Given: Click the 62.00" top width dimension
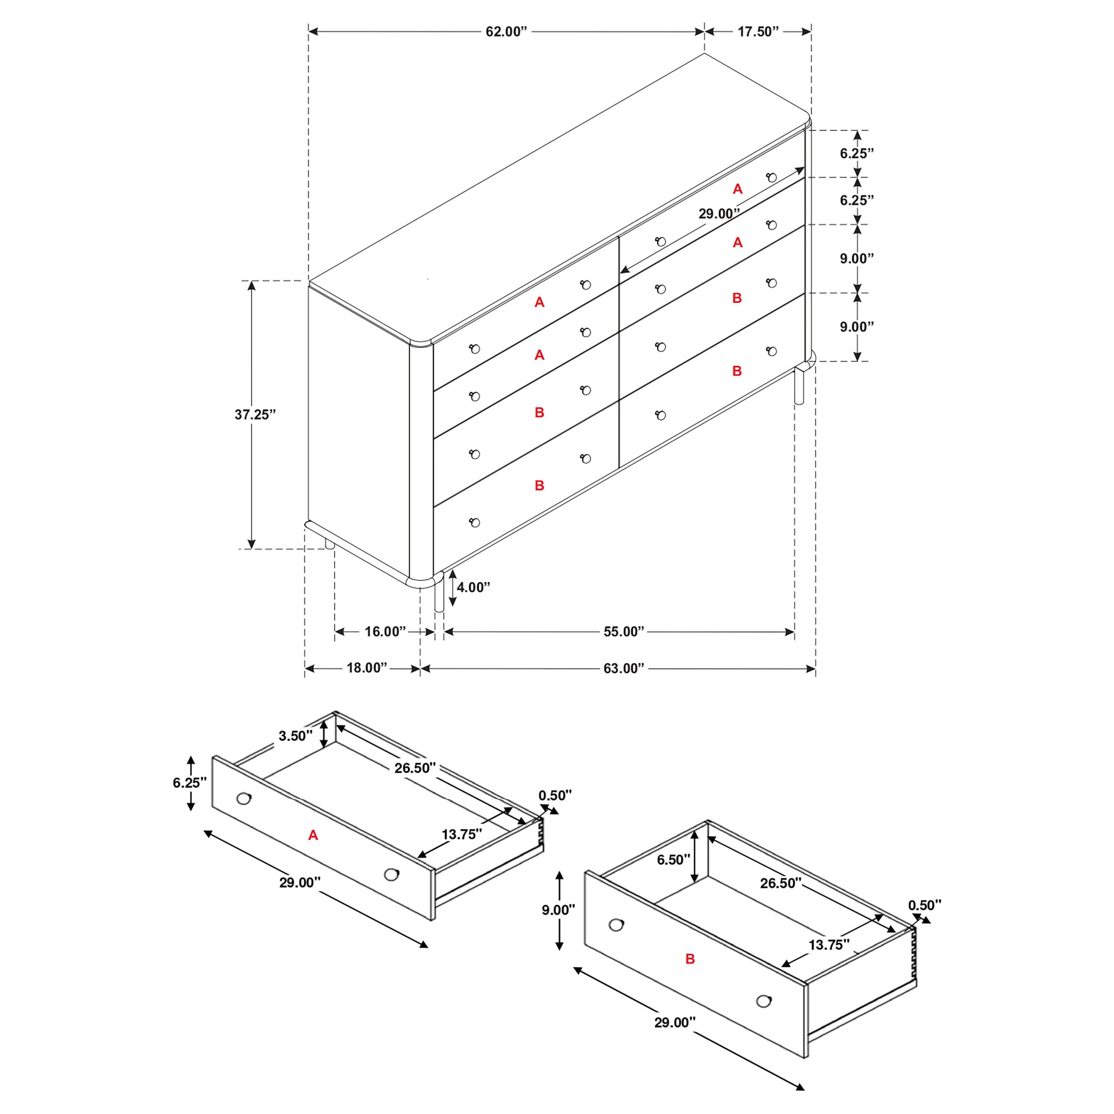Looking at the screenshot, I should click(506, 32).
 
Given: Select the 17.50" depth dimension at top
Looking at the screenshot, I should click(758, 32).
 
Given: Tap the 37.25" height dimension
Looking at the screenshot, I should click(255, 414).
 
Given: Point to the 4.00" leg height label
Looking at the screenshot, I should click(473, 587).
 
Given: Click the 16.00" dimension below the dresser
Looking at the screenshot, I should click(385, 631).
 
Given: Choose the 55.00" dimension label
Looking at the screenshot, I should click(623, 631).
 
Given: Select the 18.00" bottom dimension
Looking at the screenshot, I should click(367, 668).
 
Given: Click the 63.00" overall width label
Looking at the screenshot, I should click(623, 668).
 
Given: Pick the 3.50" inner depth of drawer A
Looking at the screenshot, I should click(295, 736).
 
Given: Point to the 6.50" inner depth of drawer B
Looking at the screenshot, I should click(673, 860).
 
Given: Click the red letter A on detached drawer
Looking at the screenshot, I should click(313, 835).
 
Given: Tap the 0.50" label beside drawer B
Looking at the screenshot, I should click(924, 905).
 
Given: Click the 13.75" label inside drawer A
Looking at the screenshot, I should click(461, 834).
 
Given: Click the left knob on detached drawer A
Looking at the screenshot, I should click(244, 799).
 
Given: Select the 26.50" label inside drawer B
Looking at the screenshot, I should click(781, 883).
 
